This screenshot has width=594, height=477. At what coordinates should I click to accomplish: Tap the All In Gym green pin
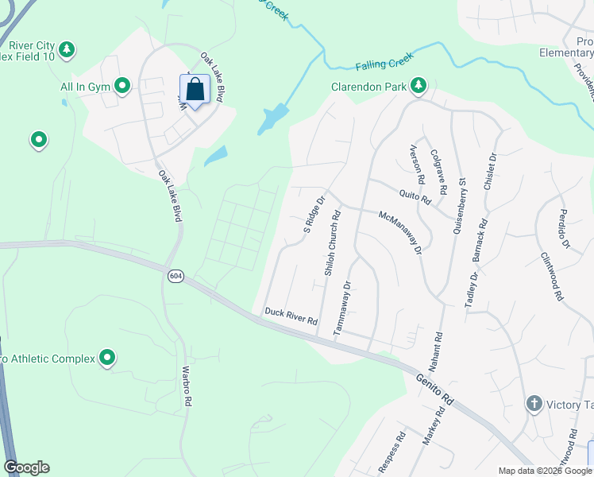(x=122, y=85)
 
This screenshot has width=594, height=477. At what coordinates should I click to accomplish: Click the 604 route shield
(x=175, y=274)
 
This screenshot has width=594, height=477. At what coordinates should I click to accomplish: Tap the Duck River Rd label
(x=291, y=316)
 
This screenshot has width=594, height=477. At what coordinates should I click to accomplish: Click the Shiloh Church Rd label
(x=331, y=242)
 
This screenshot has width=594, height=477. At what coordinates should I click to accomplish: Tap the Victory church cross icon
(x=534, y=404)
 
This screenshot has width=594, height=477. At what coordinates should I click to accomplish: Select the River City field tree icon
(x=67, y=50)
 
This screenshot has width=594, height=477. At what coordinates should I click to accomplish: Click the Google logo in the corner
(x=26, y=467)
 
